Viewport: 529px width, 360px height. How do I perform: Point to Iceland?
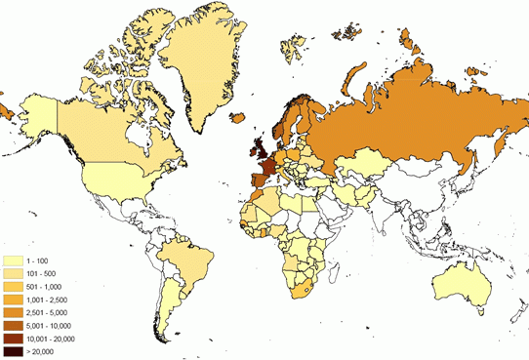238,118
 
